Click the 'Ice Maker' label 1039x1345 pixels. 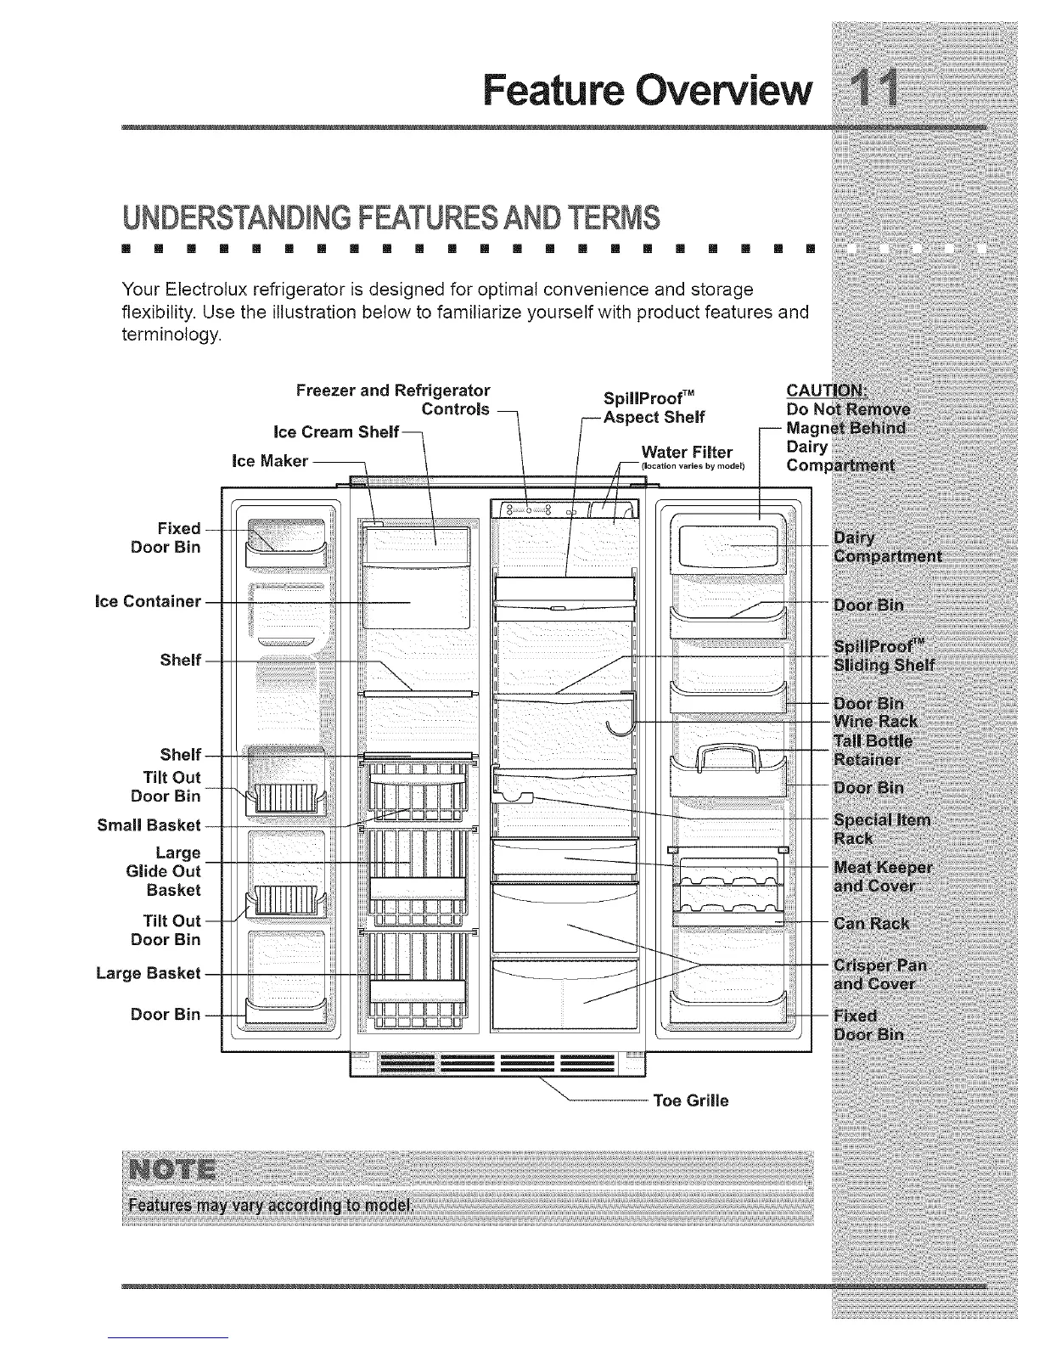(269, 461)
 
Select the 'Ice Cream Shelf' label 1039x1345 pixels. (336, 432)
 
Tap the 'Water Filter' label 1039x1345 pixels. (687, 451)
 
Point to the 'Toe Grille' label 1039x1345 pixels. (690, 1101)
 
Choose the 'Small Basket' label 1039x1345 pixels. (149, 824)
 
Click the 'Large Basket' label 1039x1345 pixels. (149, 973)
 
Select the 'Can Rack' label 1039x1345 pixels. (872, 923)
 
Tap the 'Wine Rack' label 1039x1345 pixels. (875, 722)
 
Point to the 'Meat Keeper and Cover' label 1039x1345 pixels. (883, 877)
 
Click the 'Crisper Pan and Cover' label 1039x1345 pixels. (880, 975)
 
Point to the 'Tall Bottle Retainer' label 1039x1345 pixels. (873, 750)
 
